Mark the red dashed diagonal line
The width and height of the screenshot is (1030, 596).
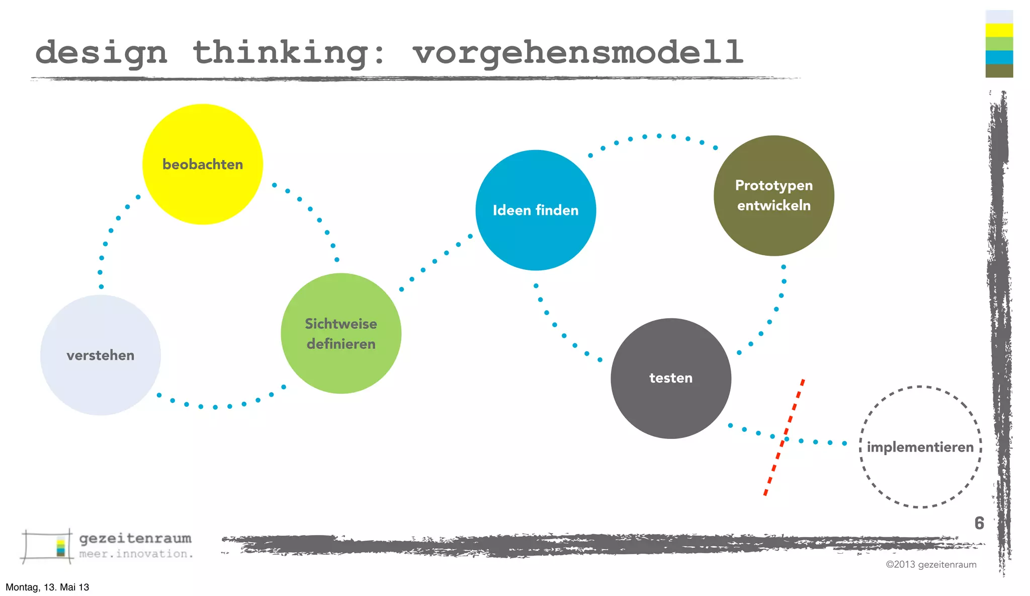click(784, 438)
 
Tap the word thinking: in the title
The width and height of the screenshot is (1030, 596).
click(289, 52)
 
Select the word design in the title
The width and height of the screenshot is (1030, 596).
click(101, 53)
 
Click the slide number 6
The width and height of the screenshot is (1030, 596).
click(979, 523)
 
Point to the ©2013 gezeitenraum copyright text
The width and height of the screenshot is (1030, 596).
click(931, 564)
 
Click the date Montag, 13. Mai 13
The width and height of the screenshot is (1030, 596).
click(47, 587)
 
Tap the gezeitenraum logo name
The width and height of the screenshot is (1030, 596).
click(135, 538)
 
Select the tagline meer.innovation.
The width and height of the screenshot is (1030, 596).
click(136, 554)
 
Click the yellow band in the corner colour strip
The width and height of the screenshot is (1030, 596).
click(999, 30)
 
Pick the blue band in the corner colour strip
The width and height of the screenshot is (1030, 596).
click(999, 57)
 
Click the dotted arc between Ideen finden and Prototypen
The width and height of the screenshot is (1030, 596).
click(659, 136)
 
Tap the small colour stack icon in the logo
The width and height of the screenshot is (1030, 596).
click(61, 548)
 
